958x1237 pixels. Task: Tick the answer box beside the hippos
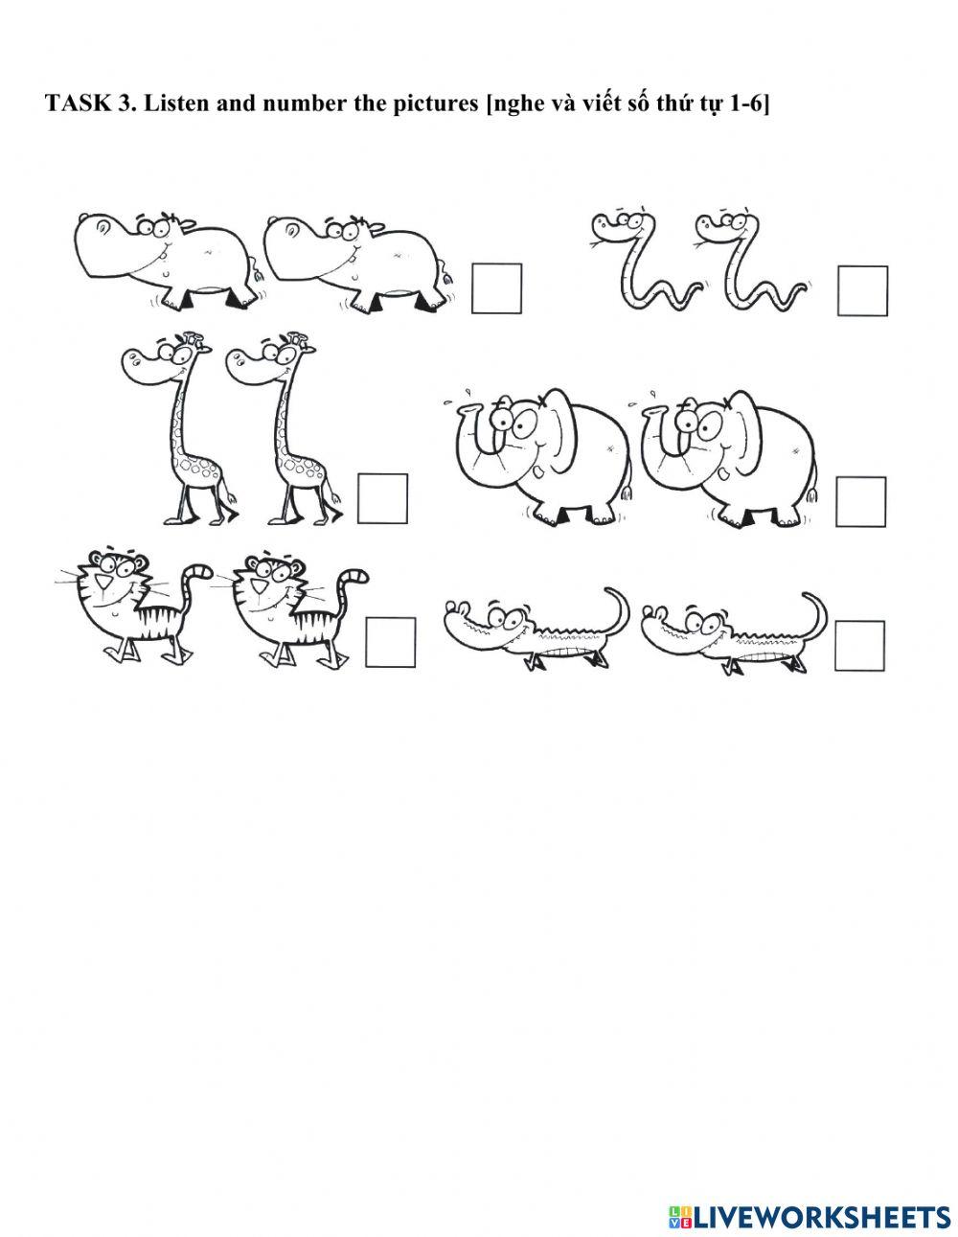click(496, 288)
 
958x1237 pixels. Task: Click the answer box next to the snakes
click(862, 291)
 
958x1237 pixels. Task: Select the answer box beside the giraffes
click(382, 498)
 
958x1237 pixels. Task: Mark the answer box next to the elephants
click(859, 501)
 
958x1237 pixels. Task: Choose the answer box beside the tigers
click(391, 642)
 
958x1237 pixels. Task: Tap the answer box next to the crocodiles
click(859, 646)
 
